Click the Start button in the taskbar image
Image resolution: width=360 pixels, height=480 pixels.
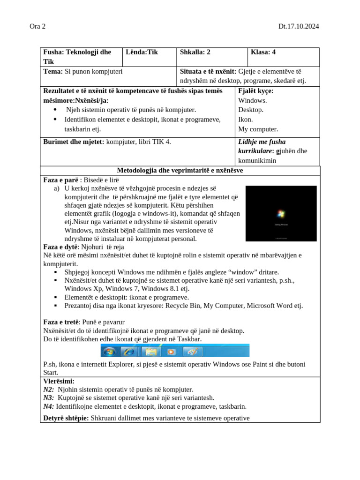pos(110,351)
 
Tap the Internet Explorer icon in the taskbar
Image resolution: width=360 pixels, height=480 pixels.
pos(128,351)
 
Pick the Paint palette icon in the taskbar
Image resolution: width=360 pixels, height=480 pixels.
pos(192,351)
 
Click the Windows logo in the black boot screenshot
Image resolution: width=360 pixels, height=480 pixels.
pos(281,214)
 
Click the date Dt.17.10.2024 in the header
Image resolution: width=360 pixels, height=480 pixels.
pos(299,26)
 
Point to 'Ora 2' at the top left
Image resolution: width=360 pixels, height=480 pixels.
pos(37,26)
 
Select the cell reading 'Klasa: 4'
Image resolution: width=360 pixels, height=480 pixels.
pos(263,52)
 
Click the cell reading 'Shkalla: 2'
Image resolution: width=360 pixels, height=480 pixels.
pos(195,52)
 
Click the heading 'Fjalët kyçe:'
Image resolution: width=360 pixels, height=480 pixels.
pos(256,91)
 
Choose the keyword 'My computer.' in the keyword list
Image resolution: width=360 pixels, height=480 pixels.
pos(258,129)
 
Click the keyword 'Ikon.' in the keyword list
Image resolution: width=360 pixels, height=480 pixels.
pos(246,120)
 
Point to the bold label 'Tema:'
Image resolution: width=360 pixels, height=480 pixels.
pos(53,71)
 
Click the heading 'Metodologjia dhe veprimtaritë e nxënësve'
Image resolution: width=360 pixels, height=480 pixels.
pos(180,171)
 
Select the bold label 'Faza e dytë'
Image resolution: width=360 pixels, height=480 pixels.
pos(60,247)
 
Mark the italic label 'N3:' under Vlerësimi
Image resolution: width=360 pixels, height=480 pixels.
pos(49,398)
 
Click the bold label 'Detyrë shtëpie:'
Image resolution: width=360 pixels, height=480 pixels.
pos(66,418)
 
